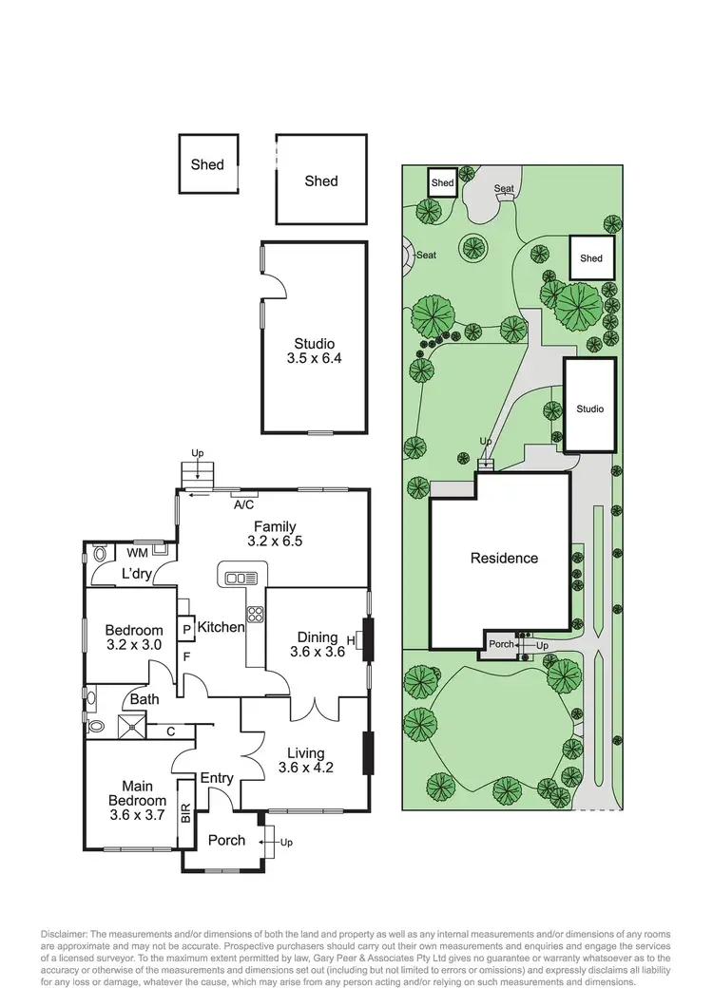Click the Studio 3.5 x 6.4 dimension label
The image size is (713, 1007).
click(x=314, y=351)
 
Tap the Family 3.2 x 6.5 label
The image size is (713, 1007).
click(x=274, y=535)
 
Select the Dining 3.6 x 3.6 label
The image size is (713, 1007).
click(x=317, y=644)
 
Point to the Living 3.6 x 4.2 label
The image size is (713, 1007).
click(x=305, y=759)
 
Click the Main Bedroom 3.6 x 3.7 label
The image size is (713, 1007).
click(x=130, y=801)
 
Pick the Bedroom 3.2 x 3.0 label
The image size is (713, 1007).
click(x=133, y=637)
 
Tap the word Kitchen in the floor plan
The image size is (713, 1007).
click(x=221, y=627)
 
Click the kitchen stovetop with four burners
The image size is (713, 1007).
click(x=255, y=613)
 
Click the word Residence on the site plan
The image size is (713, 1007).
click(x=504, y=559)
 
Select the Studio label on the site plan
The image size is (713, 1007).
click(x=589, y=409)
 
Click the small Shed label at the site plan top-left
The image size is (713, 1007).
click(x=442, y=182)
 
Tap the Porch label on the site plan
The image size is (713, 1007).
click(x=500, y=644)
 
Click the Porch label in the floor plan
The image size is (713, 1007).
click(x=226, y=840)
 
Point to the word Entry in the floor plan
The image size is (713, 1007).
click(x=217, y=778)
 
